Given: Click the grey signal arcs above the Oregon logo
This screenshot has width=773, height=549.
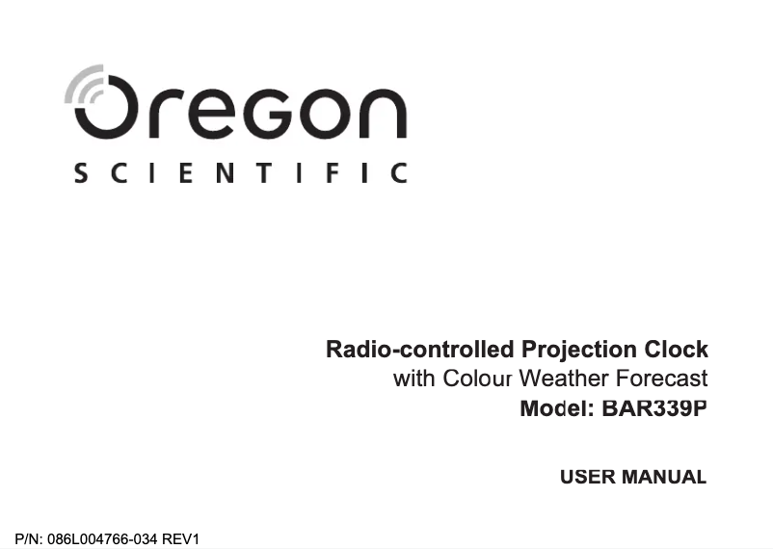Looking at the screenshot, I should (x=84, y=85).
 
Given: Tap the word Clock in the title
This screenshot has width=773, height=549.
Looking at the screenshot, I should (x=677, y=349).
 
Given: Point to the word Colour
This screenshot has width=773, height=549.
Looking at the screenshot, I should (x=478, y=379).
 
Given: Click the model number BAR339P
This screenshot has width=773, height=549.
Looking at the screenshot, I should (x=653, y=408).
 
